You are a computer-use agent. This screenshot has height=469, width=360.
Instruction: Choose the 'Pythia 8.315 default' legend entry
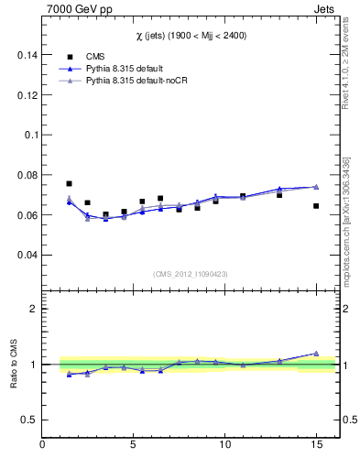128,69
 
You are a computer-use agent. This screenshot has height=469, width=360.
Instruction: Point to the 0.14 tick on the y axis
26,54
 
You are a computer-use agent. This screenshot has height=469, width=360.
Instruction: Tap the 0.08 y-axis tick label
26,175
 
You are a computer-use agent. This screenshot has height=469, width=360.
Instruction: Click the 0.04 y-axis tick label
26,256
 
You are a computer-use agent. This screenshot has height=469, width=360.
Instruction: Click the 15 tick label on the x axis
315,445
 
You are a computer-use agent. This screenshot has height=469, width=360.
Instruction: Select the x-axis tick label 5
134,445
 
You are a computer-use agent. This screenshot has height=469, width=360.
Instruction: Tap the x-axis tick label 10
224,445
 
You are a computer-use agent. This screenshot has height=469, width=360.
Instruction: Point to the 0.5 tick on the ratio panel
27,420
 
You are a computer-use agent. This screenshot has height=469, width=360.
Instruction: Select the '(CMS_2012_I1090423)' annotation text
190,274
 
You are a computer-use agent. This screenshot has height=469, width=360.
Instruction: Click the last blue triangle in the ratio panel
315,354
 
